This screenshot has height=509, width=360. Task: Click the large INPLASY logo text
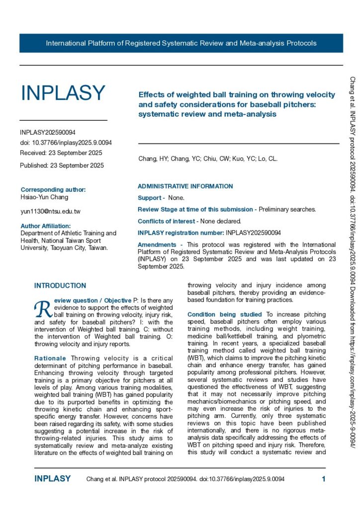pos(63,93)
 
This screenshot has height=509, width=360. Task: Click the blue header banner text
pos(181,43)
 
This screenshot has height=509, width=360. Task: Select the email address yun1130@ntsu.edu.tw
pos(50,211)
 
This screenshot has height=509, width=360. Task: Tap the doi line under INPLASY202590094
pos(66,143)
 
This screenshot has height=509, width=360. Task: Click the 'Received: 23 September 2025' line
pos(61,153)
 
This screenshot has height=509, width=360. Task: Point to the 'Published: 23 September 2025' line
pos(62,166)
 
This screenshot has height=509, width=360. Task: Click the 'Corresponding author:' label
pos(53,189)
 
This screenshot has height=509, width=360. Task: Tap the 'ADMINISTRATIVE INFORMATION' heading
pos(185,186)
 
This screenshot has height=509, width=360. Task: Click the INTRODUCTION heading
pos(60,286)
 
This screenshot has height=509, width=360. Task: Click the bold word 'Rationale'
pos(50,358)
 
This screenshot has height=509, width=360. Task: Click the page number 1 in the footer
pos(324,479)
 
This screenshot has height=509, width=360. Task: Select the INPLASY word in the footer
pos(52,479)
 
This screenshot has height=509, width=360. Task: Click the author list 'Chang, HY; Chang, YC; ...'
pos(208,159)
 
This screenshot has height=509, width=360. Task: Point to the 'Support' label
pos(150,198)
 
